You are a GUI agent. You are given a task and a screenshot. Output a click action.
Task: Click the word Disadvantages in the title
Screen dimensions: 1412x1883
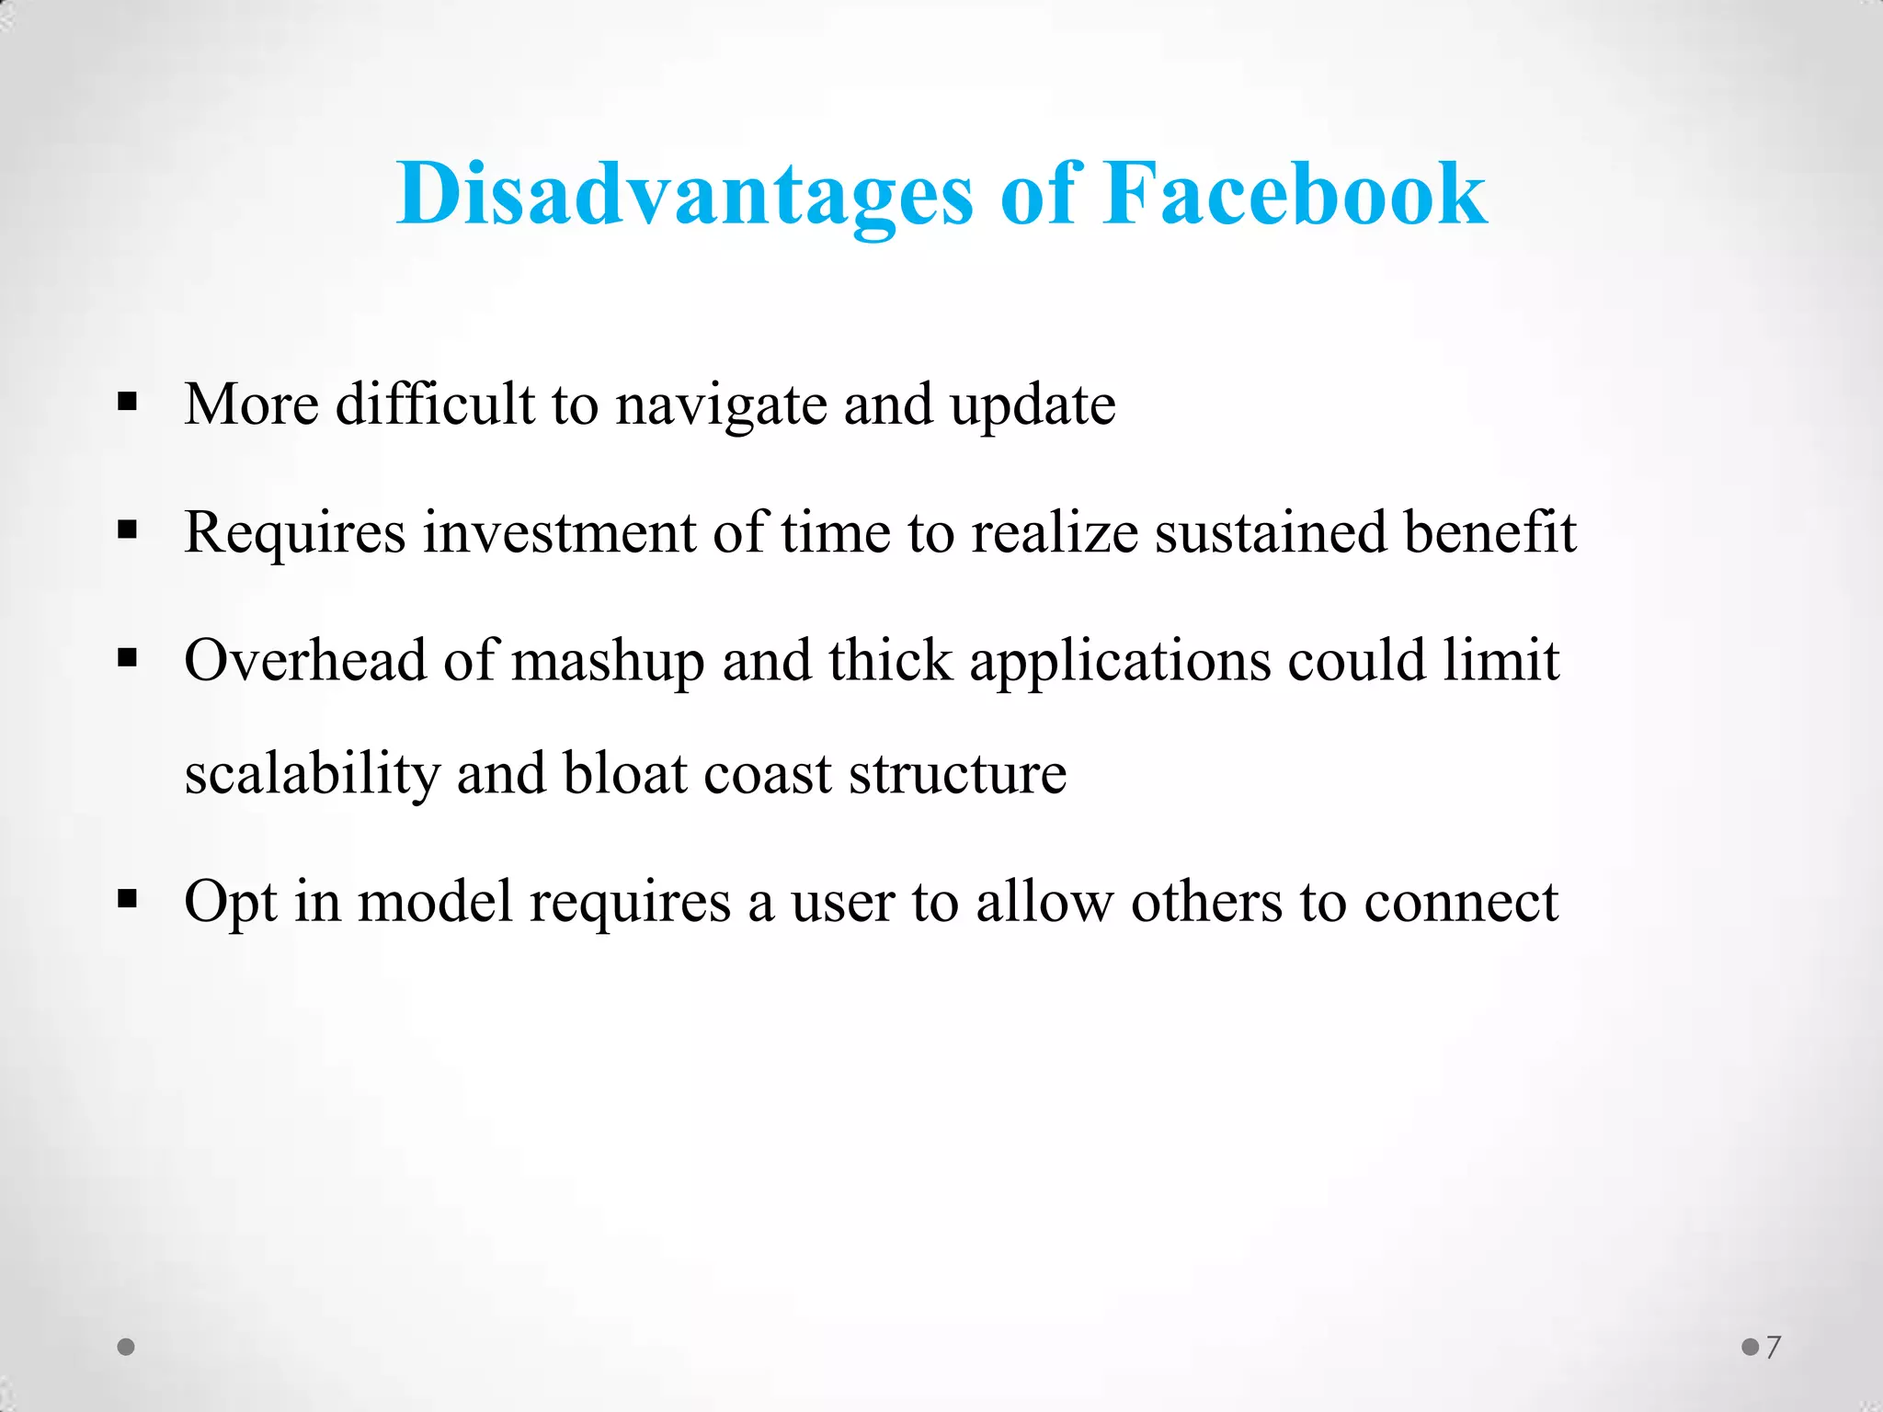pos(684,195)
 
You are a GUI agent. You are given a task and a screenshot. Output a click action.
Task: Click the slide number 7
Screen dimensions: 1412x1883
pos(1774,1348)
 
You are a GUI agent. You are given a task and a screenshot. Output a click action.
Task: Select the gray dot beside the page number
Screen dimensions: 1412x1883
pos(1751,1348)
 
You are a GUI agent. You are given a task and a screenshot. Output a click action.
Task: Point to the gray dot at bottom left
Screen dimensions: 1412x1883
pos(127,1348)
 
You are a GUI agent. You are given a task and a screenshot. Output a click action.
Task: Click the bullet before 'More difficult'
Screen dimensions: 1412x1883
pos(128,402)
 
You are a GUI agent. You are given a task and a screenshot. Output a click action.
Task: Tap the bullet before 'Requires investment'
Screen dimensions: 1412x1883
pos(128,530)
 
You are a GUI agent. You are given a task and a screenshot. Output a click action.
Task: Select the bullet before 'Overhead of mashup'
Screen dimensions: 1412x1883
pos(128,658)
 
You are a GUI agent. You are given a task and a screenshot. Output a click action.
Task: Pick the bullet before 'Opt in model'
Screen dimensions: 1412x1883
pos(128,899)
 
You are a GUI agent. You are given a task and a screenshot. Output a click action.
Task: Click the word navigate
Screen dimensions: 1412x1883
pos(721,405)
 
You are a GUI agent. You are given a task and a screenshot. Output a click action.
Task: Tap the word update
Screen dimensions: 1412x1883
pos(1033,405)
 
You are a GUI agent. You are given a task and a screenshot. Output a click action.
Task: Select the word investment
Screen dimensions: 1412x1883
pos(559,532)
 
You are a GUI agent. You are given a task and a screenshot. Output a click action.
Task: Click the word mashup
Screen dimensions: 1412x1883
pos(608,662)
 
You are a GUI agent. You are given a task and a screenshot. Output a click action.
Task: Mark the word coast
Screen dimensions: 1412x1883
pos(768,775)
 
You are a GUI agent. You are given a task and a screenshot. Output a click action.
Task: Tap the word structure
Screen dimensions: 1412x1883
pos(957,775)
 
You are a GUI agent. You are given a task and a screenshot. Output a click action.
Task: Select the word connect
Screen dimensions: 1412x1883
pos(1461,902)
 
